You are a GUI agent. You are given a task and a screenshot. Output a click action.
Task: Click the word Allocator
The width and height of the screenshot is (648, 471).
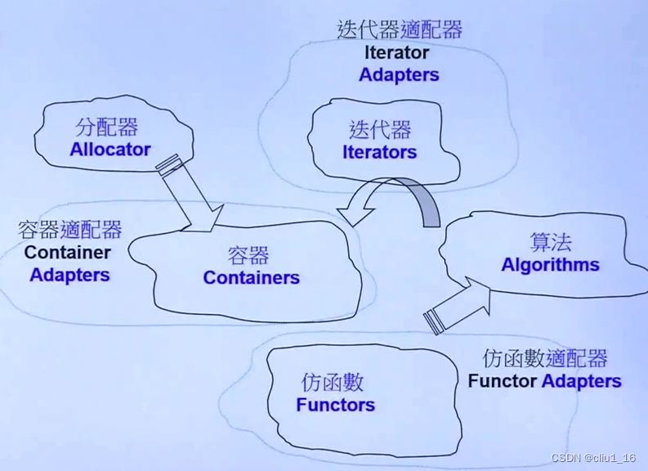(x=110, y=150)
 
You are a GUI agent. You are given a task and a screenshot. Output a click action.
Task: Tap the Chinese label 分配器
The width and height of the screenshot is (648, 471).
(x=107, y=128)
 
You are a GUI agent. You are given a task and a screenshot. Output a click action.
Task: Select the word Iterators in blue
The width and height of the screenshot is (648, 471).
(x=379, y=152)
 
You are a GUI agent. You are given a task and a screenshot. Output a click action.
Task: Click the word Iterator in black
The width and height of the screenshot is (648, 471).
(x=397, y=53)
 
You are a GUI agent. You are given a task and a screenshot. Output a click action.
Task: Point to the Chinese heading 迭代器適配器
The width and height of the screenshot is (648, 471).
(x=400, y=30)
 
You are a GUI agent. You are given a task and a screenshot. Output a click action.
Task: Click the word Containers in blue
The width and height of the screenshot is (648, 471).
(x=251, y=278)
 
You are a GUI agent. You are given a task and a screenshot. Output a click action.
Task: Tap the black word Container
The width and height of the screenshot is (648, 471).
(x=67, y=253)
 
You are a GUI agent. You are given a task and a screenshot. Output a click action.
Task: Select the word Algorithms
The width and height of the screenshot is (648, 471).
(x=550, y=265)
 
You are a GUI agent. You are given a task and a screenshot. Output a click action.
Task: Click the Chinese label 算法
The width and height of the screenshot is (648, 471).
(x=550, y=242)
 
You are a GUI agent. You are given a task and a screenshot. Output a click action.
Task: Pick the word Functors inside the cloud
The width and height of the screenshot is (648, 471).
(x=335, y=405)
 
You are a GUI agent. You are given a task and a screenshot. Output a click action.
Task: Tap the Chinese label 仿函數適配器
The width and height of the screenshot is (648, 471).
(x=545, y=358)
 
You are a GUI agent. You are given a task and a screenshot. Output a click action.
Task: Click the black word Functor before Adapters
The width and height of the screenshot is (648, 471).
(x=503, y=381)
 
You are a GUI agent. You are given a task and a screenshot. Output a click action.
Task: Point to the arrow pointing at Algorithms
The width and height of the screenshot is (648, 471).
(x=457, y=303)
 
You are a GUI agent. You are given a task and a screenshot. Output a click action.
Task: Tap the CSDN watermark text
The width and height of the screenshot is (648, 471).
(x=593, y=459)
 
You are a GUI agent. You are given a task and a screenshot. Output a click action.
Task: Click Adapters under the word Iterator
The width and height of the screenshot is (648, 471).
(x=399, y=75)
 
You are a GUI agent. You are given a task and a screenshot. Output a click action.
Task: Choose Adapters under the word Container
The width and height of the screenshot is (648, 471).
(x=69, y=275)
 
